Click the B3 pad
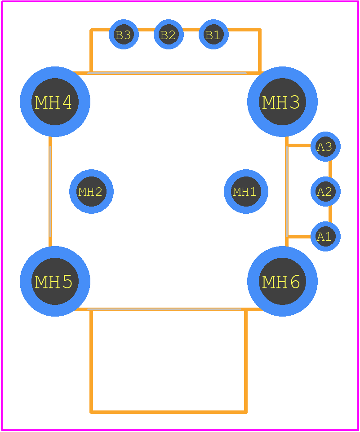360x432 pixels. pos(124,35)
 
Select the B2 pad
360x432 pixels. pos(169,35)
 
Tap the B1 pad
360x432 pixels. pos(213,35)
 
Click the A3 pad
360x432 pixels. pos(325,146)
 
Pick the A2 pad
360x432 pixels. pos(325,191)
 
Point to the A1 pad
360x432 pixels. pos(325,236)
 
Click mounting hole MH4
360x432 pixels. pos(55,101)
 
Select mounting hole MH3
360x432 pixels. pos(283,101)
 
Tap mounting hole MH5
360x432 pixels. pos(55,281)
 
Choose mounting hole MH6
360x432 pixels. pos(283,281)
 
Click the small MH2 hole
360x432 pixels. pos(92,191)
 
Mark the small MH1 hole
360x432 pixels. pos(246,191)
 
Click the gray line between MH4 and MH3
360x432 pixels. pos(167,73)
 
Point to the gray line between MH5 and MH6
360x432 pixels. pos(164,310)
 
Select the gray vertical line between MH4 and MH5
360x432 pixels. pos(50,191)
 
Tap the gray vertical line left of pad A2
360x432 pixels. pos(287,191)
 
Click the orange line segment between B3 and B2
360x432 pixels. pos(146,30)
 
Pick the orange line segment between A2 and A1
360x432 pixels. pos(330,214)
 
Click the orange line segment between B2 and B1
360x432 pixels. pos(191,30)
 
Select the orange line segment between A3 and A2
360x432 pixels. pos(330,169)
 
